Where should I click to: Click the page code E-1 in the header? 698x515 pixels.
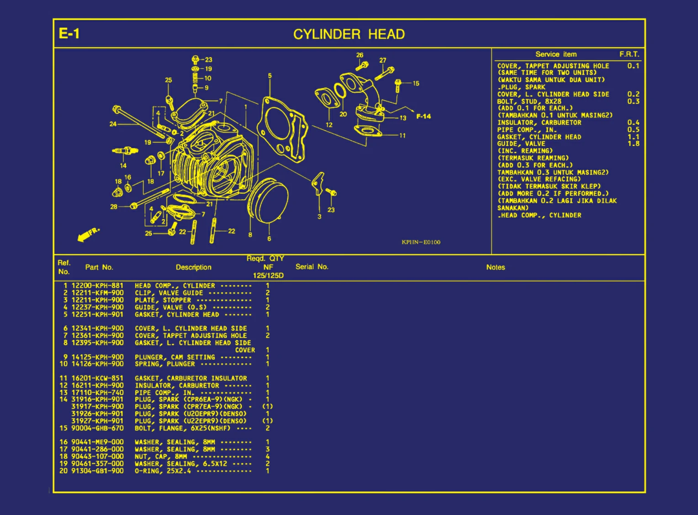pos(69,33)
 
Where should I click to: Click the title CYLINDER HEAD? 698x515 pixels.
pos(349,34)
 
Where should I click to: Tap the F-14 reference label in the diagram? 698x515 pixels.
pos(423,117)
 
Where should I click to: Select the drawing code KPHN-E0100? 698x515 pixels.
pos(421,242)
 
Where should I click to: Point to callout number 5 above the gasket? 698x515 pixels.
pos(270,76)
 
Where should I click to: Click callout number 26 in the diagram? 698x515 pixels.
pos(360,55)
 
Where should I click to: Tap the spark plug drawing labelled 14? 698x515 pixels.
pos(124,151)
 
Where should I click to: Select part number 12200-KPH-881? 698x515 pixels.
pos(97,286)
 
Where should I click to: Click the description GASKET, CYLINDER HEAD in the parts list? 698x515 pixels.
pos(177,314)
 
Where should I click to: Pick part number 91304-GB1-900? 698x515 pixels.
pos(97,471)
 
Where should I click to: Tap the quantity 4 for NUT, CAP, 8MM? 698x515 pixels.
pos(268,457)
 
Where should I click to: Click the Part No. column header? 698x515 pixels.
pos(99,267)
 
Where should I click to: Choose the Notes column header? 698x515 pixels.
pos(496,267)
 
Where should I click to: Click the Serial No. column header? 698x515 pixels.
pos(312,267)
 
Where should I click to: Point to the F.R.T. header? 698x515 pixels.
pos(629,54)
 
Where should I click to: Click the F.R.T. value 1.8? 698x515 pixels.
pos(633,143)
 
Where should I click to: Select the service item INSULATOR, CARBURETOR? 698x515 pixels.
pos(539,122)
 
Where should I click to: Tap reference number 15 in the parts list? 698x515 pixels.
pos(63,428)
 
